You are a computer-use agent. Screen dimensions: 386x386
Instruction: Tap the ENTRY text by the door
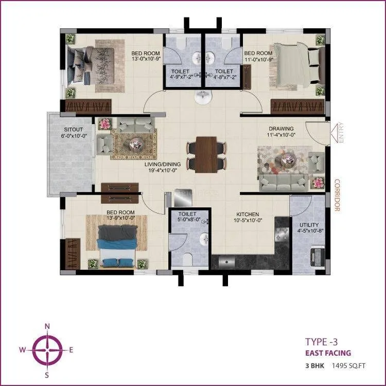340,133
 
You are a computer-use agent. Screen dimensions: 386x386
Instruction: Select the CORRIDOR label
338,195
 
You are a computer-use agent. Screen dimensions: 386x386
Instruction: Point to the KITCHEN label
248,214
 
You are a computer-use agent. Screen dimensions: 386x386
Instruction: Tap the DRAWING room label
280,129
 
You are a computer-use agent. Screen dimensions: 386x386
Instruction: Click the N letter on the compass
47,326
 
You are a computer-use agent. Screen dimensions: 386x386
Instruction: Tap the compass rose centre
47,349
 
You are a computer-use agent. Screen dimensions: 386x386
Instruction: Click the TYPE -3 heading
322,341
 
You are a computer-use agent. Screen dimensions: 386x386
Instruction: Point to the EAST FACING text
328,353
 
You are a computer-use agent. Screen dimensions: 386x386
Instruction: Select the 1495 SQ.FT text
335,366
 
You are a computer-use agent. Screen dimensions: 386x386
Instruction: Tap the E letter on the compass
71,350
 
